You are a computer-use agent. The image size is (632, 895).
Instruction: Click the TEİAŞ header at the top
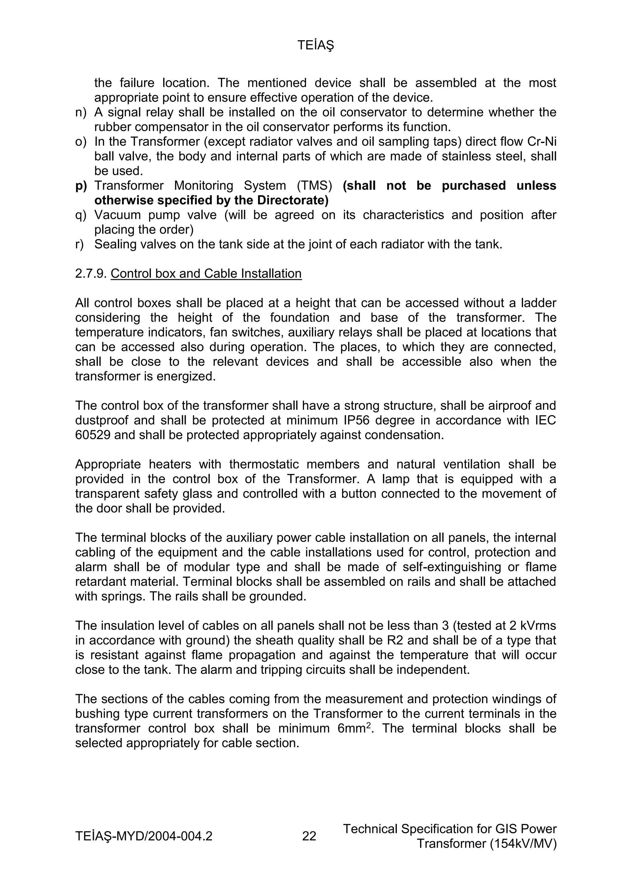click(x=316, y=46)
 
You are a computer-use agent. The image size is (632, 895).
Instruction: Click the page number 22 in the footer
click(x=309, y=836)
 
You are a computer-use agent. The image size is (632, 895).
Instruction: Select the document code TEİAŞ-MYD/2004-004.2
click(x=144, y=836)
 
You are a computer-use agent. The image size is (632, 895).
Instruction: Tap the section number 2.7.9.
click(x=91, y=274)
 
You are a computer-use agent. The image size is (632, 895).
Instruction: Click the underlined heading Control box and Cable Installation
click(x=206, y=274)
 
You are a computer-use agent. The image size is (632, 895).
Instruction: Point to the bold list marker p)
click(x=81, y=186)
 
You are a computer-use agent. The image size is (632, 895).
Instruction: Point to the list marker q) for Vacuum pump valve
click(x=81, y=215)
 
